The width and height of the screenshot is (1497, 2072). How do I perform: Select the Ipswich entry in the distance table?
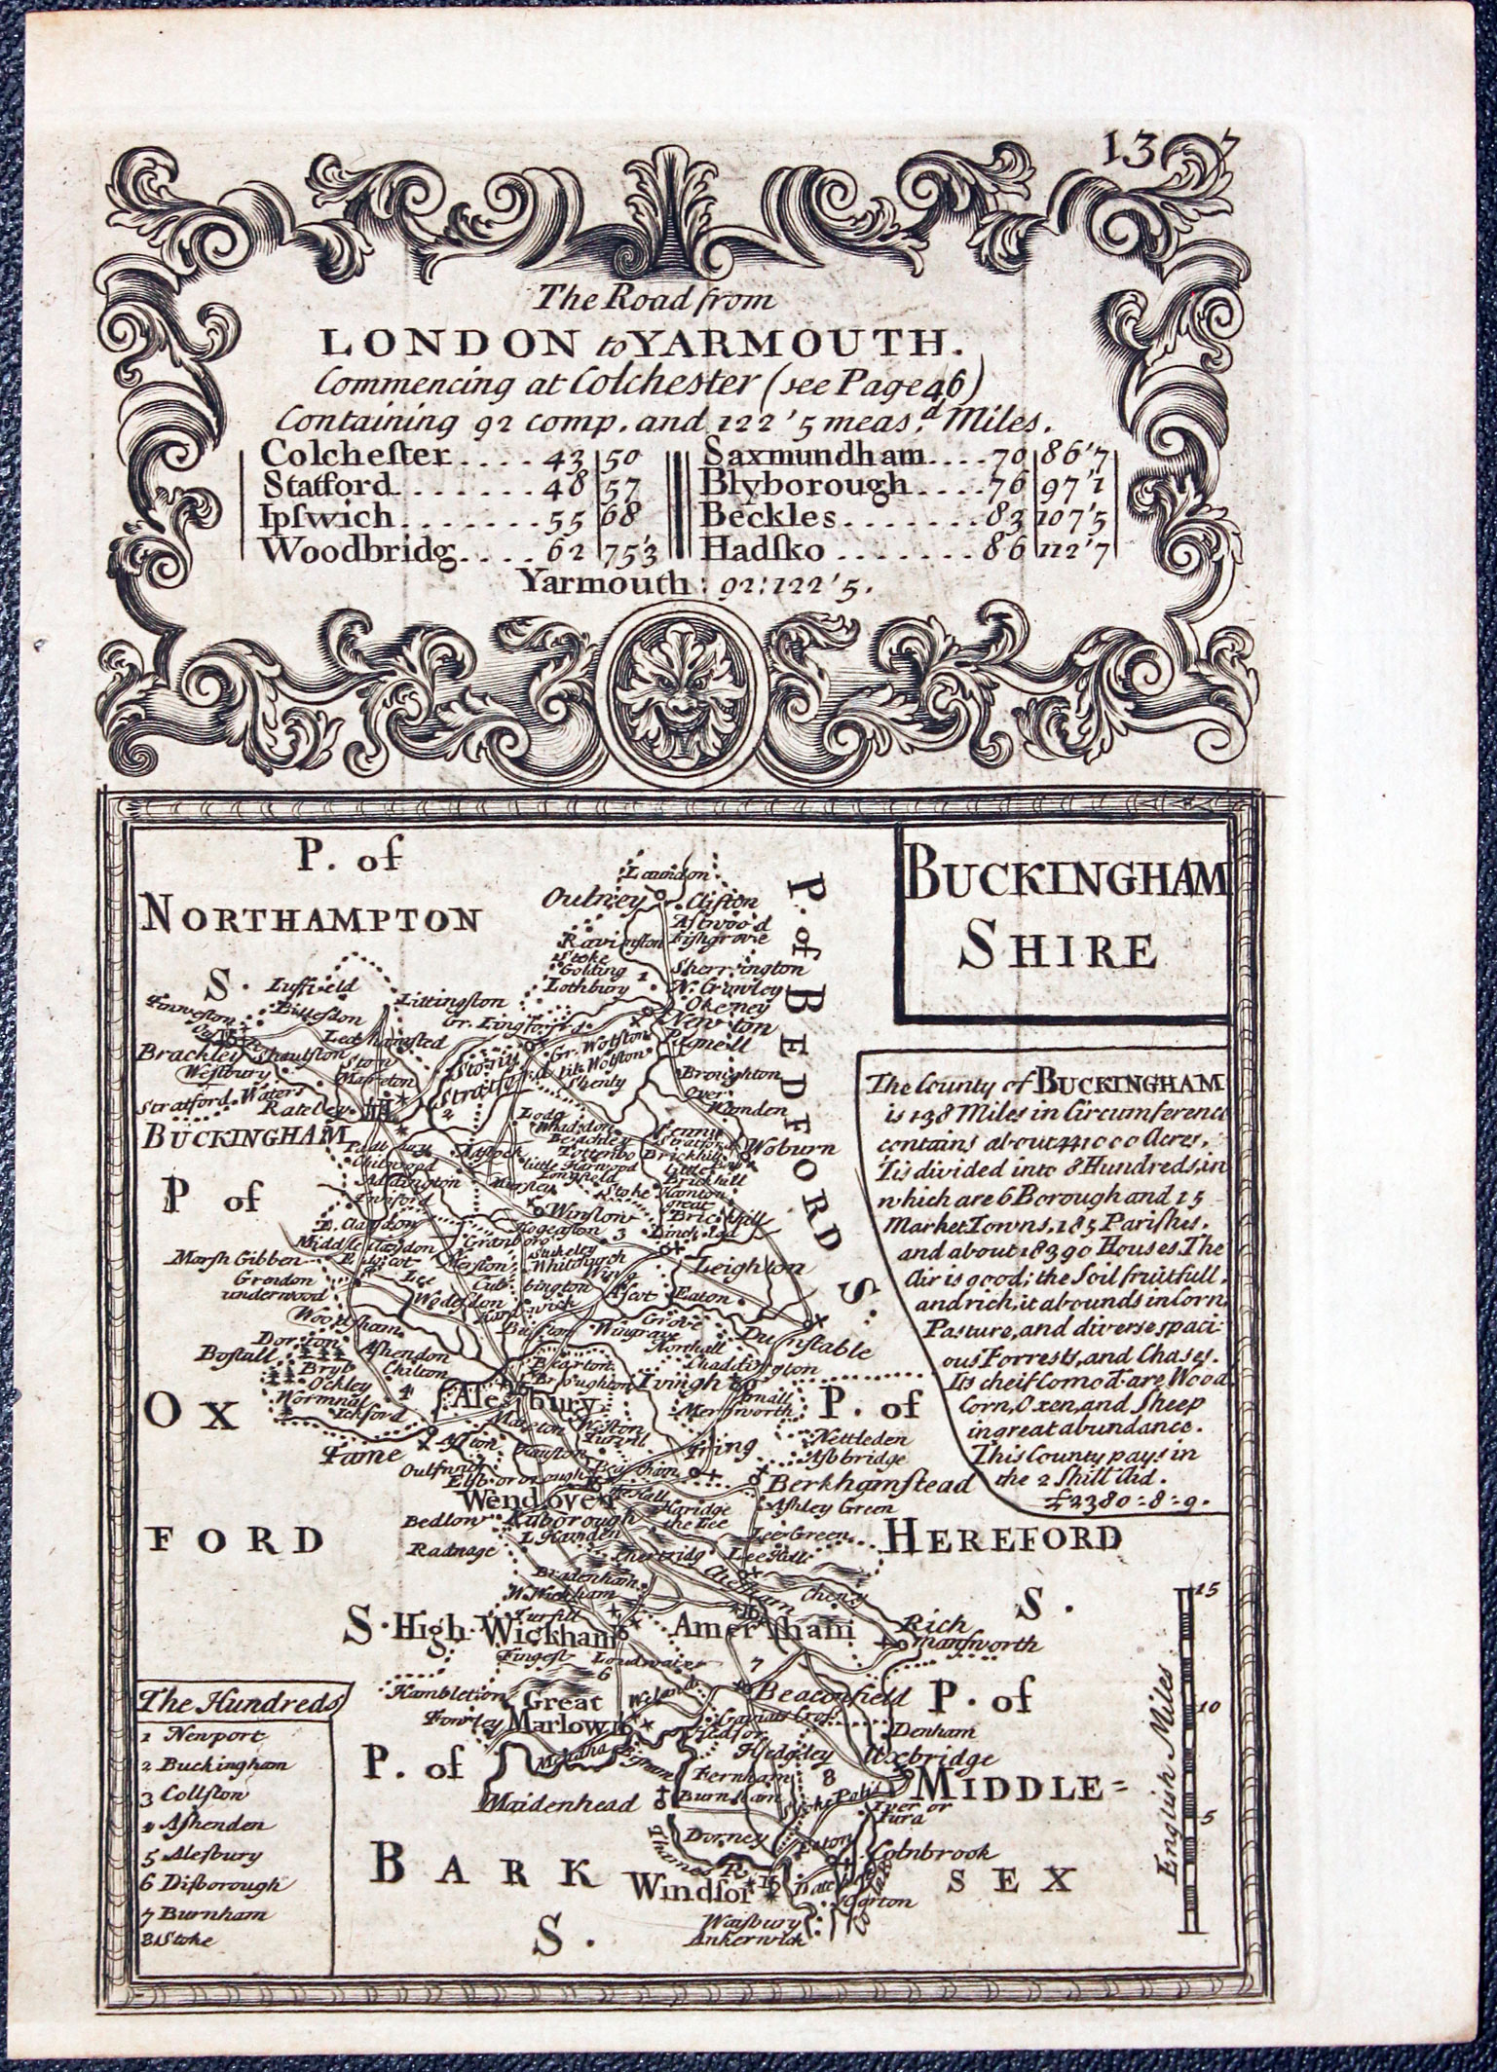pyautogui.click(x=328, y=517)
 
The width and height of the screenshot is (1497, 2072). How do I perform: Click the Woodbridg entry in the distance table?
pyautogui.click(x=358, y=550)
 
